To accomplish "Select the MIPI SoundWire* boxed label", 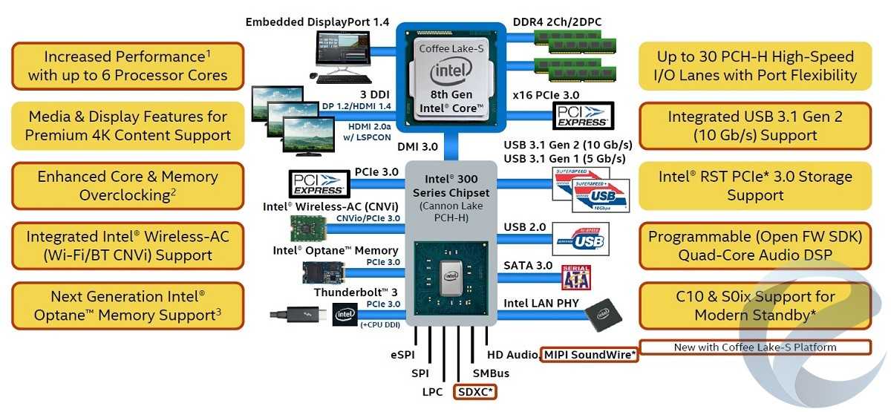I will [590, 355].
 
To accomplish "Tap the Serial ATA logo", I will [576, 277].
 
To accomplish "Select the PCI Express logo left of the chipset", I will [319, 183].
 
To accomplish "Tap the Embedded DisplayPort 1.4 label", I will [317, 22].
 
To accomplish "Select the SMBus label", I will [492, 373].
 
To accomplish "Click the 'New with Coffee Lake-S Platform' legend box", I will [754, 347].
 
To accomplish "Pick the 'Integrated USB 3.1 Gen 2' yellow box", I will [754, 126].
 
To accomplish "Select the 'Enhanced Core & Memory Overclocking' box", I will [127, 186].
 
